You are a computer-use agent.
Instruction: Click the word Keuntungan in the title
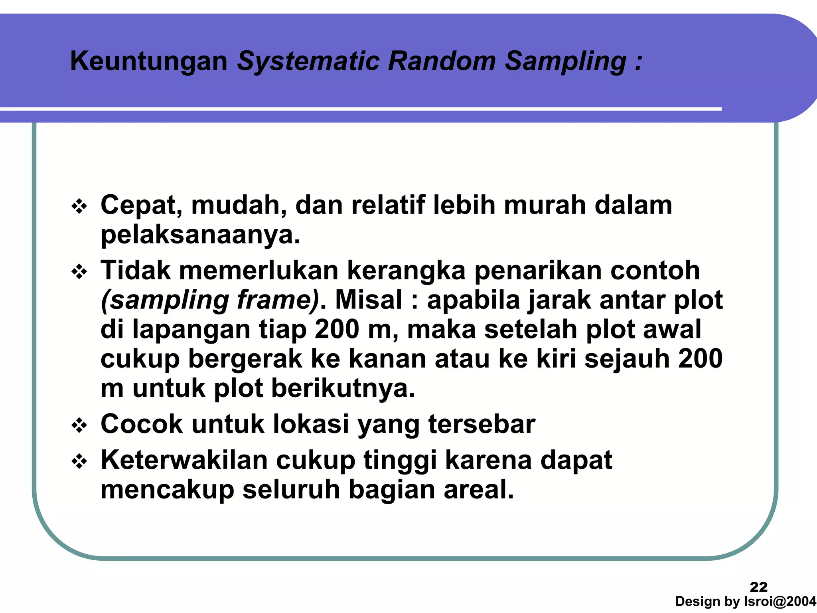(148, 61)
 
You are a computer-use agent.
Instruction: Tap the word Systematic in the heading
(308, 61)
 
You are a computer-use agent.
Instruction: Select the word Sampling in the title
(566, 61)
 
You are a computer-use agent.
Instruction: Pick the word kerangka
(406, 271)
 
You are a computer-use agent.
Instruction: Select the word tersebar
(482, 424)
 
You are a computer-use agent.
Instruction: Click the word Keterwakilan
(184, 460)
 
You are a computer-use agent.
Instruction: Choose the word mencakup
(167, 490)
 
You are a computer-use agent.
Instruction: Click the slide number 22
(758, 587)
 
